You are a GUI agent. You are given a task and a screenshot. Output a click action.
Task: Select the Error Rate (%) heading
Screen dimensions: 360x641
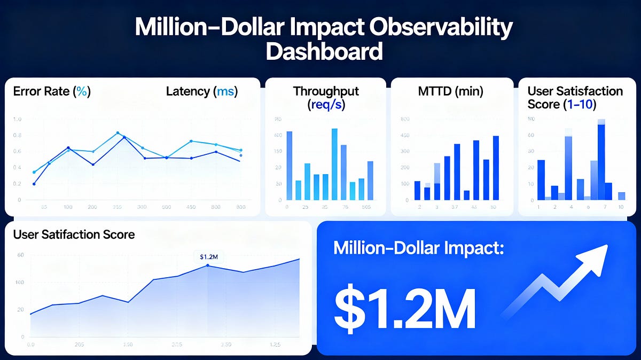[50, 91]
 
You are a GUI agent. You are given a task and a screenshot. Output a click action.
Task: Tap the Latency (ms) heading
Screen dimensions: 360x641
[201, 91]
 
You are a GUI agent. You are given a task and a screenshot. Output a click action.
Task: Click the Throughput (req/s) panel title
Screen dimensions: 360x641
[326, 97]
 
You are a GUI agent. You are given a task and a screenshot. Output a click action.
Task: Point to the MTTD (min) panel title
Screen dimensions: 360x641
[451, 91]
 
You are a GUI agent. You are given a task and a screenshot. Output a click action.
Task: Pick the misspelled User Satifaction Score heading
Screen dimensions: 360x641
[74, 234]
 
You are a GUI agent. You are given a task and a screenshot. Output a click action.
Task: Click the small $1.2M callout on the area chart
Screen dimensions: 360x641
[208, 257]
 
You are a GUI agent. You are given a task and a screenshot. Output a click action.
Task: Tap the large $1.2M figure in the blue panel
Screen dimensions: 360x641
[404, 310]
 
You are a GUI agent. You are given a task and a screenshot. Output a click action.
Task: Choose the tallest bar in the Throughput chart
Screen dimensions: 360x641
[334, 163]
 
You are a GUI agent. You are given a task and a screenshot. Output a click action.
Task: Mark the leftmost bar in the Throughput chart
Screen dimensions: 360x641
[290, 165]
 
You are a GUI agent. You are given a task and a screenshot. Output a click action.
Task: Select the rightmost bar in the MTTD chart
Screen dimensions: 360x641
[496, 168]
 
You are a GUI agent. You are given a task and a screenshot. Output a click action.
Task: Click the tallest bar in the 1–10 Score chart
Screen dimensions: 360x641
[601, 160]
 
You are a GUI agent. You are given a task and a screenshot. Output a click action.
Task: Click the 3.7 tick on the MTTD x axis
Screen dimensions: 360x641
[455, 207]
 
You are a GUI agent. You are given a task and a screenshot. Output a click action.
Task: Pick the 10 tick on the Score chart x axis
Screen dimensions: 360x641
[621, 207]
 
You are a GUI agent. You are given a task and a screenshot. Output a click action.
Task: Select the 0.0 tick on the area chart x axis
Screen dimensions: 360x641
[30, 345]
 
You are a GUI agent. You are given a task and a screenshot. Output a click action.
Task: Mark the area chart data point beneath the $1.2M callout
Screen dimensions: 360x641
[208, 265]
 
